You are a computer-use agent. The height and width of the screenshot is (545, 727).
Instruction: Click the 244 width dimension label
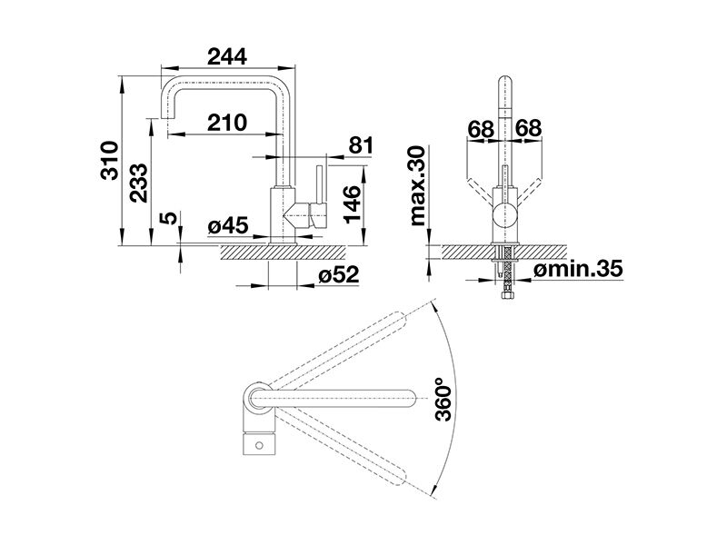226,57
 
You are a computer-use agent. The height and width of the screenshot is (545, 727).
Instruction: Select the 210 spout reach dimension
226,123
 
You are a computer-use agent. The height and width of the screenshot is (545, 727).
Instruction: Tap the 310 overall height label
110,161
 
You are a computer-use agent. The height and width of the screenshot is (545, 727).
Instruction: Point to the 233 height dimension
139,183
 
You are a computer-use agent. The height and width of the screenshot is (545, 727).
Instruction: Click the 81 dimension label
360,145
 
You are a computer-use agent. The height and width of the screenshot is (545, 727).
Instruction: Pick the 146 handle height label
352,204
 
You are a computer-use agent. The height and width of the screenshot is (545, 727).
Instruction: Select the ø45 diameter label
228,226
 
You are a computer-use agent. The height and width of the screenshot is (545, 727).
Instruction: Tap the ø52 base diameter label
338,275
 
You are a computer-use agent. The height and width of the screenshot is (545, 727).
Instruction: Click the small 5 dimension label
170,218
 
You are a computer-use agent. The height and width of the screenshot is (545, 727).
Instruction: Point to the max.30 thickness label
417,186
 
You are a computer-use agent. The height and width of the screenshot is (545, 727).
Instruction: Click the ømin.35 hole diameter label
578,269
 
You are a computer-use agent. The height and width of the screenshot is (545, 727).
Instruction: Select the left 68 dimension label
481,129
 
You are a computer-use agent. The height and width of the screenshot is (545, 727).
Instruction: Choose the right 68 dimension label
529,128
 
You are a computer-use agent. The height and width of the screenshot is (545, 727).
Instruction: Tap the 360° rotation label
443,399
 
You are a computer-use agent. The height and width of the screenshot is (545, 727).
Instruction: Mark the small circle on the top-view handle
259,446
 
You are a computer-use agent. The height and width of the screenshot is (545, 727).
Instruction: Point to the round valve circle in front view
504,215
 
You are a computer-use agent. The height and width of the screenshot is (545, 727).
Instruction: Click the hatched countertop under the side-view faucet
284,253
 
